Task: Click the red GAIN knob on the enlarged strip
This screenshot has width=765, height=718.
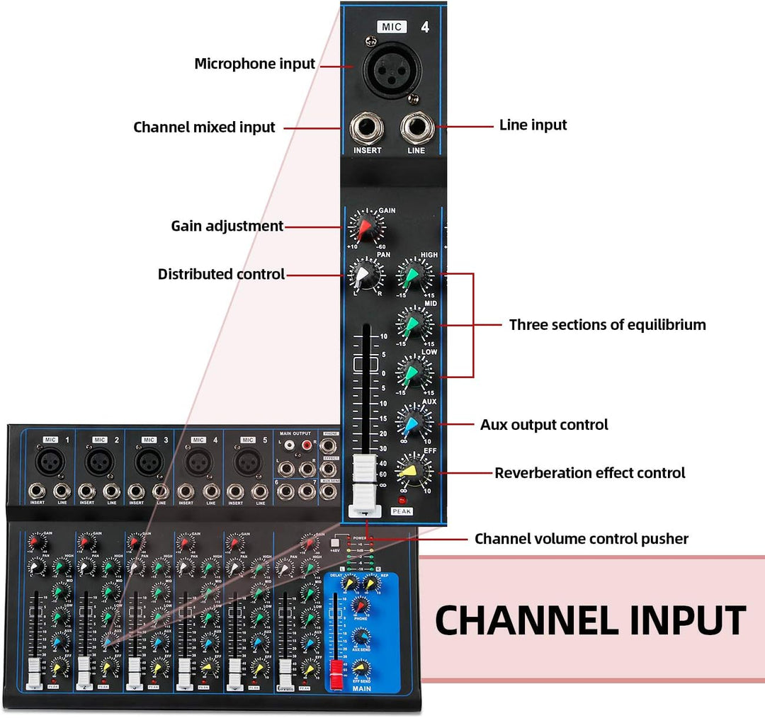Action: tap(364, 228)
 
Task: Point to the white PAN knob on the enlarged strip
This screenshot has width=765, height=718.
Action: tap(364, 275)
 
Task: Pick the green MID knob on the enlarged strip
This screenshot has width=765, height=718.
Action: tap(413, 324)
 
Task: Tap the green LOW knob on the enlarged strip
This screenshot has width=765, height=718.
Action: tap(413, 372)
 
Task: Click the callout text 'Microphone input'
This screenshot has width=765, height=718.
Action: tap(254, 64)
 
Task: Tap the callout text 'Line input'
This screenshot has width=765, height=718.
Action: tap(533, 125)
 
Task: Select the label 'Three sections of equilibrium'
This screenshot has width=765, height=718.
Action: tap(607, 325)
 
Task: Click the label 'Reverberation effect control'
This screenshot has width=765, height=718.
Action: tap(589, 472)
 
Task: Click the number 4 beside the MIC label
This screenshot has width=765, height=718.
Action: tap(425, 28)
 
